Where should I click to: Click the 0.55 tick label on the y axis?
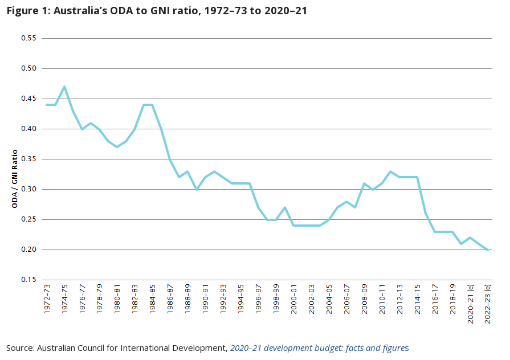[x=28, y=38]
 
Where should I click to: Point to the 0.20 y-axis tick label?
[x=28, y=249]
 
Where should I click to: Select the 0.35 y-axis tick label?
[x=28, y=159]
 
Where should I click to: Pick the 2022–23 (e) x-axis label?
[x=488, y=304]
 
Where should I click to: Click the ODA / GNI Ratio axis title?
[x=15, y=178]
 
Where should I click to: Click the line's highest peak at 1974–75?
[x=64, y=87]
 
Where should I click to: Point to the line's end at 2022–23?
[x=488, y=249]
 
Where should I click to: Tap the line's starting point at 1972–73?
[x=47, y=105]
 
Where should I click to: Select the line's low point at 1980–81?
[x=117, y=147]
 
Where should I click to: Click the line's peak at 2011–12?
[x=391, y=171]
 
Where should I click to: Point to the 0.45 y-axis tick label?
[x=28, y=99]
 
